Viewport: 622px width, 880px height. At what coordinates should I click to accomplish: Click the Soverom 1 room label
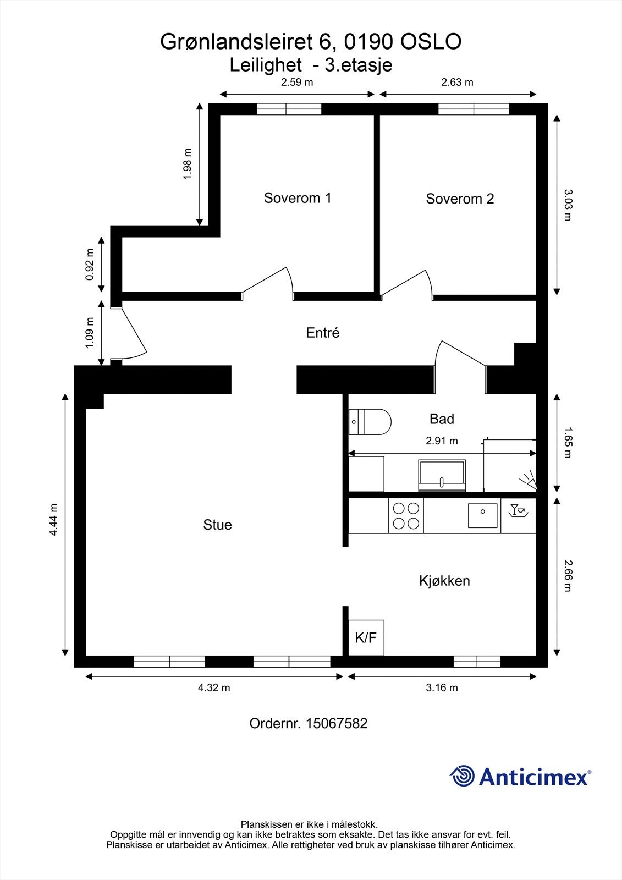pos(298,198)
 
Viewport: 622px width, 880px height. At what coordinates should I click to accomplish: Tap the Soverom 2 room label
pos(460,199)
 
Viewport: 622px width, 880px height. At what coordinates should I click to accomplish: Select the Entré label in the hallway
pos(323,333)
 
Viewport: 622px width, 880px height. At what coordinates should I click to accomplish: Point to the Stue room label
pos(217,525)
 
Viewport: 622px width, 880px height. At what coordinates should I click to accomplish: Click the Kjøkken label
pos(444,581)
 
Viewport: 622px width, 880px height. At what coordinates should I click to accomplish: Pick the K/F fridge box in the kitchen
pos(366,638)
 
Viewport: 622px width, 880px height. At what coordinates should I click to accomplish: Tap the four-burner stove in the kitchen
pos(406,516)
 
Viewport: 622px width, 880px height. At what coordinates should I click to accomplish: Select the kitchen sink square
pos(482,515)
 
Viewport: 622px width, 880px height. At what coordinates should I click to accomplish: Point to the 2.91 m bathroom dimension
pos(442,441)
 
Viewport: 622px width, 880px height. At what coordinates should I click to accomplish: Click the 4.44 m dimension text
pos(53,520)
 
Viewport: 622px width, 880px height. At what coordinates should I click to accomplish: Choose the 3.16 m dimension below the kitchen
pos(442,687)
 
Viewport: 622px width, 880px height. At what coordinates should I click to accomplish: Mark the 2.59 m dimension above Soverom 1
pos(297,82)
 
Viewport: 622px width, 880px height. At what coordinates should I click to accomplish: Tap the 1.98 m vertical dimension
pos(188,164)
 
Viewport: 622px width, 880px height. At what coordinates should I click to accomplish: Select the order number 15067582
pos(336,723)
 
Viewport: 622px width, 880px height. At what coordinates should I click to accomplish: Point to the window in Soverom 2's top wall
pos(474,109)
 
